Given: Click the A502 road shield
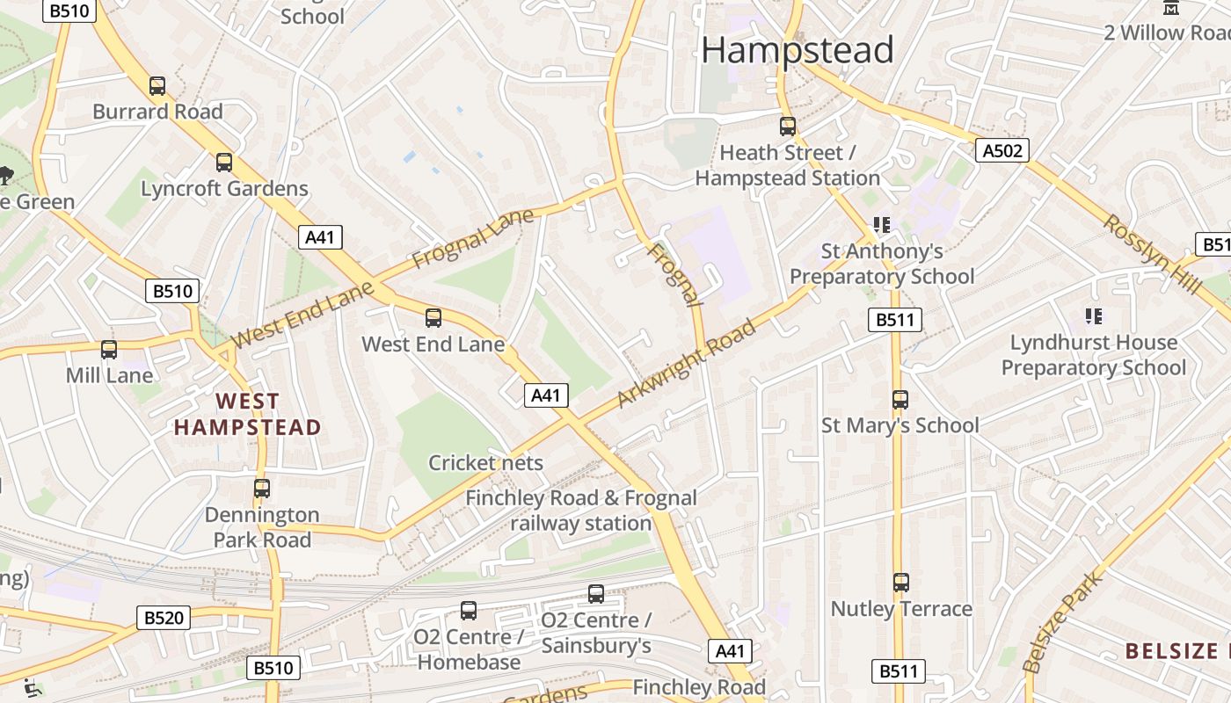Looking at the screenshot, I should (1002, 150).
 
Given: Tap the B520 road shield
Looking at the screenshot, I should (163, 618).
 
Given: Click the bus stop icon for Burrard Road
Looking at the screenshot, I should (157, 86).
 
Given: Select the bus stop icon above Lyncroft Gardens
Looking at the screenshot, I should (224, 163).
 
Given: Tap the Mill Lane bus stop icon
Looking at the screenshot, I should (109, 350).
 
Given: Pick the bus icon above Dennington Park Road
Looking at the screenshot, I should (262, 489).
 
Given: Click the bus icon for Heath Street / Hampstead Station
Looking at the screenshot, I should (788, 127).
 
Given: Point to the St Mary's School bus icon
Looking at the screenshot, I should (900, 400).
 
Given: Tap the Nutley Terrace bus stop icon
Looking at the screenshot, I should (901, 583).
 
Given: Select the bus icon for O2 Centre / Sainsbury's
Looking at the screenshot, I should (596, 594).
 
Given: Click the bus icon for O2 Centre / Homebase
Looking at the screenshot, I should (469, 611).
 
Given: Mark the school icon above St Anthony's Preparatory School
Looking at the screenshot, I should (882, 226).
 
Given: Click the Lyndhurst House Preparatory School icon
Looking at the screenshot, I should (1094, 316).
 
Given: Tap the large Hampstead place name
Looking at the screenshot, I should (797, 50).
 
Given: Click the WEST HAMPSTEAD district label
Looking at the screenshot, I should (247, 415).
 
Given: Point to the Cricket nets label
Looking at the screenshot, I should (485, 463).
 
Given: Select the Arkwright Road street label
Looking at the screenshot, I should (686, 364).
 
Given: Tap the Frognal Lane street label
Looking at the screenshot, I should (473, 239).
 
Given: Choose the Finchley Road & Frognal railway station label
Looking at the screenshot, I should (581, 511).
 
